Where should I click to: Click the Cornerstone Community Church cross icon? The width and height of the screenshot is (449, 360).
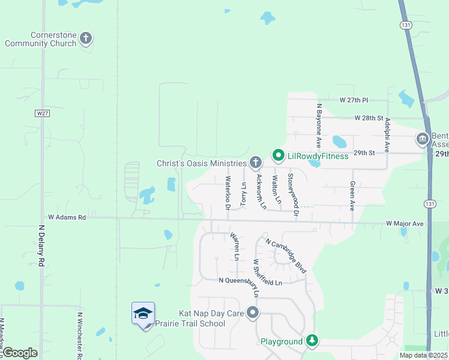[85, 39]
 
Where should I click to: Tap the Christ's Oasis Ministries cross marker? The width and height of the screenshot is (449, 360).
[255, 163]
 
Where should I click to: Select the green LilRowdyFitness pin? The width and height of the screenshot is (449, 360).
[278, 156]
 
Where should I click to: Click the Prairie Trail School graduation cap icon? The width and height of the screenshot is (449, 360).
[143, 314]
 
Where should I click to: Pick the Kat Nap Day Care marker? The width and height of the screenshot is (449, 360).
[253, 313]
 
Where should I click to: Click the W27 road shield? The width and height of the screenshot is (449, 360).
[41, 113]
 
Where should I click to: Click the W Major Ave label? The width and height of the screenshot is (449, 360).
[405, 224]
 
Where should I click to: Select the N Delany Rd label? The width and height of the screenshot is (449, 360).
[42, 246]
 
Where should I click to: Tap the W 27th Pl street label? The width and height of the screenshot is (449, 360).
[357, 100]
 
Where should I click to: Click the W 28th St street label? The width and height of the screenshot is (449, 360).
[369, 118]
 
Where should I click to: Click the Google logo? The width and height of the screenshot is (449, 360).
[20, 353]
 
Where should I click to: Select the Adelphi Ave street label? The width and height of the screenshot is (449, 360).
[388, 134]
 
